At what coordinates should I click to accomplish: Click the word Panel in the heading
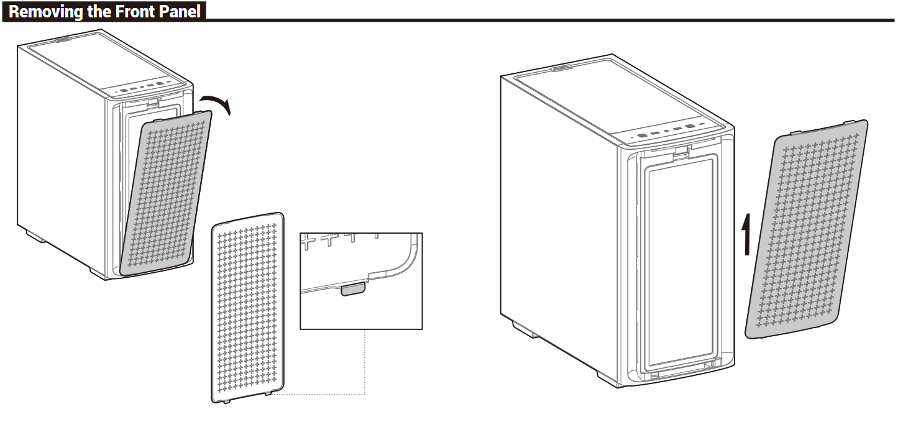click(x=181, y=12)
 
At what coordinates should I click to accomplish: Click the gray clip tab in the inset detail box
click(x=354, y=289)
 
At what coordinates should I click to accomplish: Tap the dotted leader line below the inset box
click(x=364, y=367)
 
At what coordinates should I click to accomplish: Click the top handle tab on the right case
click(x=561, y=68)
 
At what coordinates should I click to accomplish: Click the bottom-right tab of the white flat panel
click(x=268, y=394)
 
